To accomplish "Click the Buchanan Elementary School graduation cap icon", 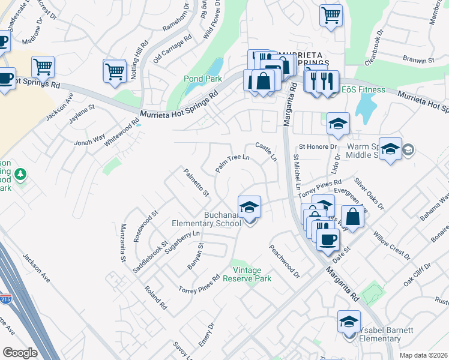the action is [x=249, y=208].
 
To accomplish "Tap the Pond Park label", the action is [x=203, y=79].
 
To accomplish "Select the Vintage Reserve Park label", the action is [x=247, y=274].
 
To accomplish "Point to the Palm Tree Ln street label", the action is [x=232, y=162].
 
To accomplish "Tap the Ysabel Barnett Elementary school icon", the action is [x=349, y=322].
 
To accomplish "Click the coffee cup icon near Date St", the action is [x=328, y=240].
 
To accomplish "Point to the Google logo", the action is [x=20, y=352].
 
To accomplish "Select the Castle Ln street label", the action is [x=266, y=152].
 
